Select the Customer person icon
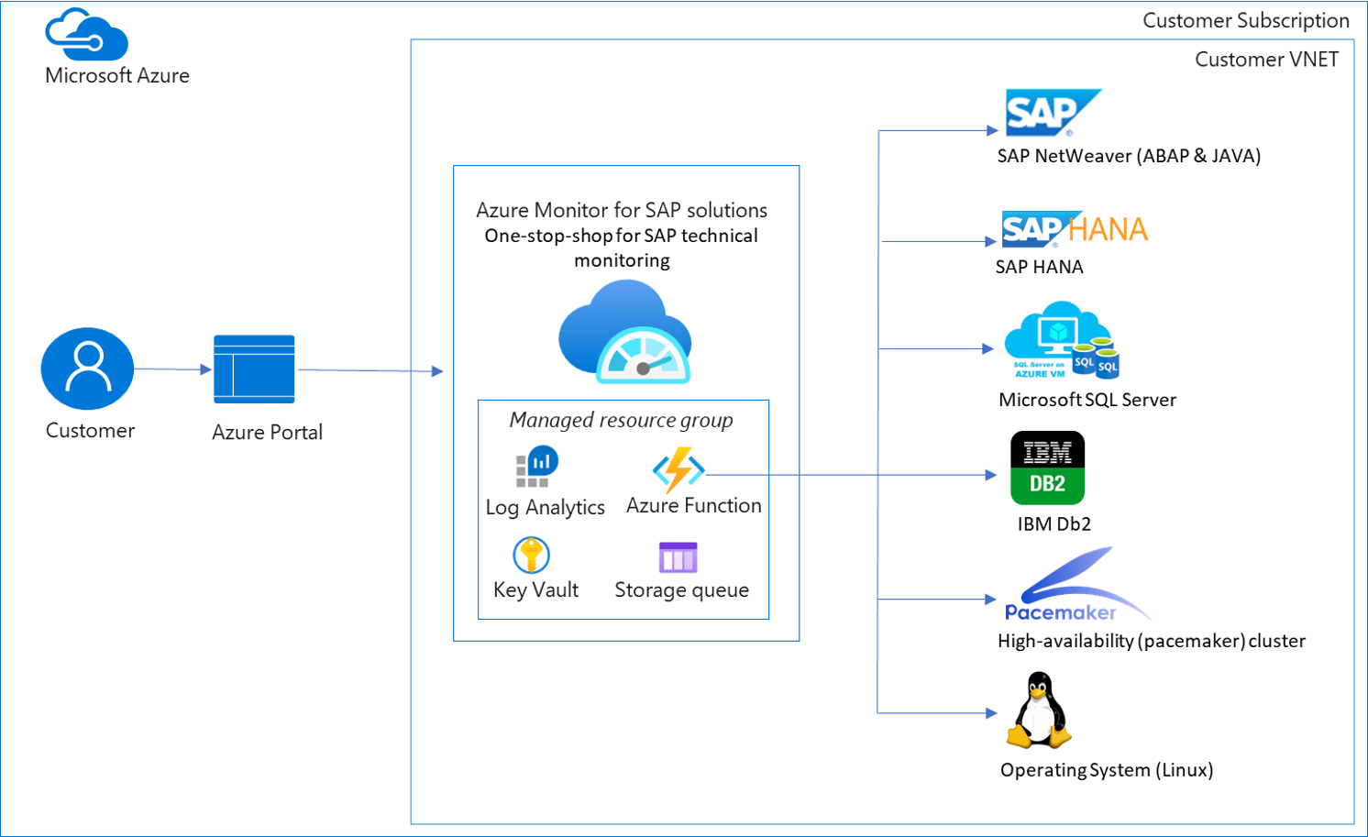(88, 369)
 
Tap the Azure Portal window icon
(254, 369)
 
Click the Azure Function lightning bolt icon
(678, 469)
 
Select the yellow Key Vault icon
(531, 555)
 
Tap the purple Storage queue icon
(678, 557)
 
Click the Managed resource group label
(621, 420)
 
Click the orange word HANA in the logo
(1108, 229)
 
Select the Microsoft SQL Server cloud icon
(1061, 340)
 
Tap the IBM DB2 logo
(1047, 468)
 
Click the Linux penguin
(1039, 711)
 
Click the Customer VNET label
(1266, 60)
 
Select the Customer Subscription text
(1245, 20)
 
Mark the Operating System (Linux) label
(1107, 770)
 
